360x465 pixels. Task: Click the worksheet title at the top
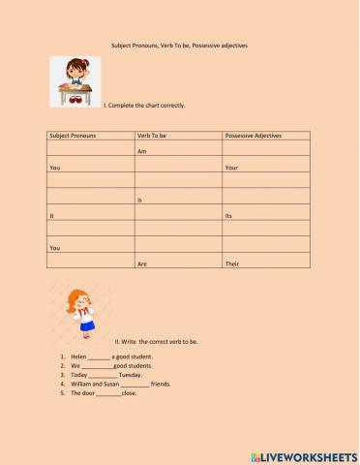pyautogui.click(x=179, y=46)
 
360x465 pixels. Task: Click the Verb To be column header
pyautogui.click(x=156, y=136)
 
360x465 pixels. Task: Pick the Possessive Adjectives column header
pyautogui.click(x=253, y=136)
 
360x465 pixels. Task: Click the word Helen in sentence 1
pyautogui.click(x=78, y=357)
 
